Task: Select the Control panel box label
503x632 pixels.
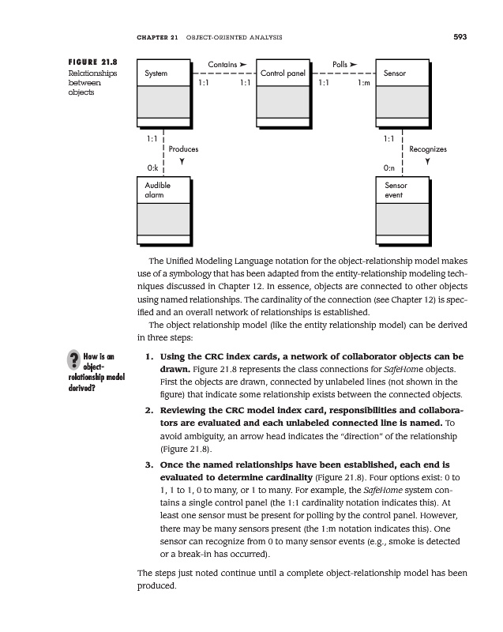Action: pyautogui.click(x=283, y=73)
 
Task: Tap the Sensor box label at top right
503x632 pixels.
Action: pyautogui.click(x=394, y=73)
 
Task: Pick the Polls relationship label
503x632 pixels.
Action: pyautogui.click(x=340, y=62)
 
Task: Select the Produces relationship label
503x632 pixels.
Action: pyautogui.click(x=182, y=149)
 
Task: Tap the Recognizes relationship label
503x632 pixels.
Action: pyautogui.click(x=427, y=149)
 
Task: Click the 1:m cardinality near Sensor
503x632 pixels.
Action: pyautogui.click(x=364, y=81)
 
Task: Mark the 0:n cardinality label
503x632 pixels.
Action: pyautogui.click(x=389, y=168)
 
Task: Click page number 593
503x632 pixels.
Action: pyautogui.click(x=460, y=36)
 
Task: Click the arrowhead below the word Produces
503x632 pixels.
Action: pyautogui.click(x=182, y=162)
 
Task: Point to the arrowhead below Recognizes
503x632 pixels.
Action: pyautogui.click(x=427, y=162)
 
